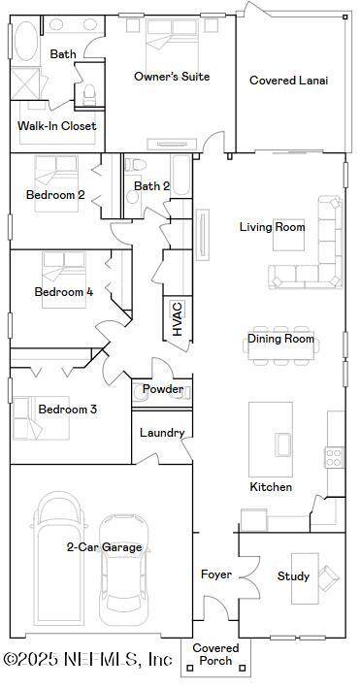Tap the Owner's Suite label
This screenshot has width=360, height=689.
[172, 77]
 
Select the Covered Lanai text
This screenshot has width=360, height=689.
[289, 81]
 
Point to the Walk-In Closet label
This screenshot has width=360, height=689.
[56, 126]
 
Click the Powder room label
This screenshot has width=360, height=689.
[163, 389]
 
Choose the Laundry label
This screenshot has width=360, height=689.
[162, 433]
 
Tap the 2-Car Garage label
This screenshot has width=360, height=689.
[105, 547]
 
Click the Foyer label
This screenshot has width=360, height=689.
[216, 574]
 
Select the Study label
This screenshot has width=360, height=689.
[293, 576]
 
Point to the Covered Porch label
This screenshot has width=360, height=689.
[216, 654]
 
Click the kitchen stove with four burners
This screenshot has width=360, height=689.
[335, 456]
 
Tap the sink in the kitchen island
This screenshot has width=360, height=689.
[283, 444]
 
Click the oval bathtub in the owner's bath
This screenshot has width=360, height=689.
[25, 41]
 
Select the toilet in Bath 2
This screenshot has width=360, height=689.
[135, 164]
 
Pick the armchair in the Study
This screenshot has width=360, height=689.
[329, 577]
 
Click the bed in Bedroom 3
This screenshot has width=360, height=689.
[41, 418]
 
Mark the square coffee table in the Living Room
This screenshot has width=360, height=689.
[288, 234]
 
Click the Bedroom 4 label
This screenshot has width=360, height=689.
[64, 292]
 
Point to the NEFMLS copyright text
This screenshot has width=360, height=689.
[87, 659]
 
